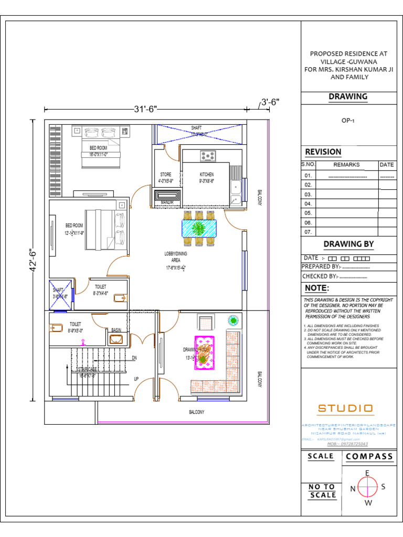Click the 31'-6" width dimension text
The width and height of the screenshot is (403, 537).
click(145, 109)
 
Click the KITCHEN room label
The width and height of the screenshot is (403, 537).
click(206, 174)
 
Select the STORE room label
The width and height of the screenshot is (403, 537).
click(166, 175)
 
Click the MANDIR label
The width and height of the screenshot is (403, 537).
click(167, 202)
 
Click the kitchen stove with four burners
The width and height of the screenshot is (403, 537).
click(208, 155)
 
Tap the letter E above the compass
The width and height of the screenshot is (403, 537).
click(367, 473)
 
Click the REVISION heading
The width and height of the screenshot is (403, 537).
click(323, 152)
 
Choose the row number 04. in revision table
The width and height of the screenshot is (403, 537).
click(308, 203)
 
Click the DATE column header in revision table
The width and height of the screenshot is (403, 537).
click(387, 165)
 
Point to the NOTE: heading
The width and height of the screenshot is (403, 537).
click(317, 288)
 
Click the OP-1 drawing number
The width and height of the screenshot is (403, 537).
click(348, 120)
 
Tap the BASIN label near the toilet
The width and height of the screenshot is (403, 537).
click(116, 330)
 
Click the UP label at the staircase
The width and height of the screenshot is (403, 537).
click(136, 378)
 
